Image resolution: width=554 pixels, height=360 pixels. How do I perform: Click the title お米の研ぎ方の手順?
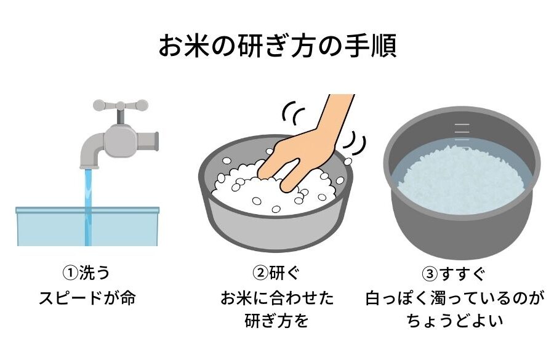278,46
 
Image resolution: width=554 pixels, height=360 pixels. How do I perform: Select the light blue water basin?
87,226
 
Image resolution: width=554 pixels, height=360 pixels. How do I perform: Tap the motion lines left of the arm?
293,113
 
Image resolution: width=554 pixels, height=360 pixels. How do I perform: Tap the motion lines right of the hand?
355,144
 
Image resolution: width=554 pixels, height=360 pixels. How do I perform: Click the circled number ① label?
70,273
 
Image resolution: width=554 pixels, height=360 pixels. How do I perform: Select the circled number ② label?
260,273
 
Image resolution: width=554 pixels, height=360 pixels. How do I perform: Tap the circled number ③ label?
430,274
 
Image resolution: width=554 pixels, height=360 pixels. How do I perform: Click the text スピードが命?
87,298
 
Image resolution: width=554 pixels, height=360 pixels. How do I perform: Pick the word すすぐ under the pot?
462,274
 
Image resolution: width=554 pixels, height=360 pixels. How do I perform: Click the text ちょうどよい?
454,321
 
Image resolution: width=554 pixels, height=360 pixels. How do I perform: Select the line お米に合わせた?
277,298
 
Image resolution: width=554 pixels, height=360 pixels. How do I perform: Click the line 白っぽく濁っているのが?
454,298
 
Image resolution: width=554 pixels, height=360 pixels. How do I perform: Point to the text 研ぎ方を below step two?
277,321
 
